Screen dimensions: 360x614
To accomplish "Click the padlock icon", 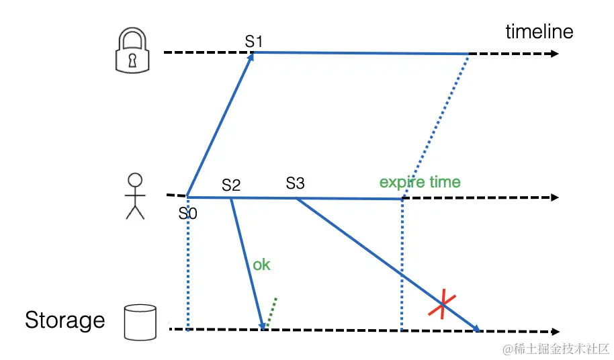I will (x=132, y=52).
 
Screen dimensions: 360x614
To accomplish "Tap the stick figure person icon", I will (x=136, y=195).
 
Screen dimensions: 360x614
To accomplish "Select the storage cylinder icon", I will (x=140, y=322).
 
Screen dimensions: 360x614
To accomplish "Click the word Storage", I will (x=65, y=320).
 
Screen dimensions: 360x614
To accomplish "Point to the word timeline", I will (x=539, y=32).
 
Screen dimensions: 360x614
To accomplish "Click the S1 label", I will (x=254, y=41).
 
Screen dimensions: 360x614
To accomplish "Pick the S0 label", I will (x=188, y=214).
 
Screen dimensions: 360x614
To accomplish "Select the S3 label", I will (x=295, y=183).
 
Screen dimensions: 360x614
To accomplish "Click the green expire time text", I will (x=420, y=182).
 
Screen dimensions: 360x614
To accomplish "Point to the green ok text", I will (x=261, y=265).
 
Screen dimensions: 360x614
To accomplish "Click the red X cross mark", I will (x=442, y=307).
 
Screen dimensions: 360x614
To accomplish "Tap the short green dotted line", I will (x=271, y=312).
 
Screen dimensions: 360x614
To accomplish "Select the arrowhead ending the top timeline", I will (x=554, y=54).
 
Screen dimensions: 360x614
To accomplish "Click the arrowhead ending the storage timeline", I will (x=554, y=331).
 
